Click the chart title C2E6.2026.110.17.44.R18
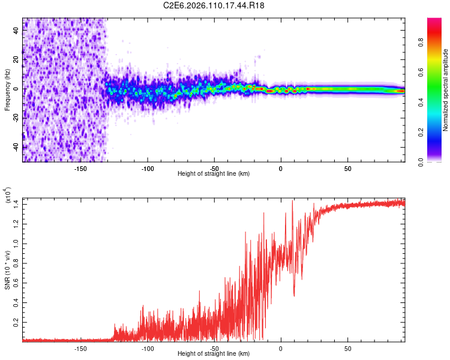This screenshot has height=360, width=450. tap(214, 5)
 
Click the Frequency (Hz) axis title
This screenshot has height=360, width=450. tap(7, 90)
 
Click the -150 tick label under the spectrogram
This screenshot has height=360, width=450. tap(80, 168)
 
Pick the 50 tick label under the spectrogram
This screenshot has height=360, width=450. tap(347, 168)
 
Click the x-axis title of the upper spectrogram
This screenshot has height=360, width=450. tap(214, 174)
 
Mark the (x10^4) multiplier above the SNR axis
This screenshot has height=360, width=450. tap(7, 196)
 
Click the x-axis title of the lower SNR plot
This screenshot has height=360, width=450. tap(214, 354)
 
